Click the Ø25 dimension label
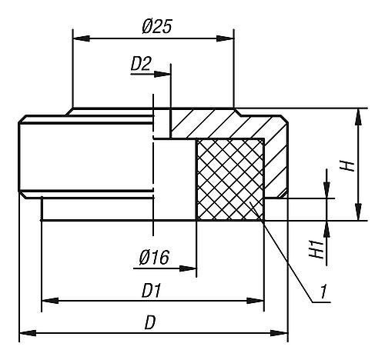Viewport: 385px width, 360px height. pos(156,26)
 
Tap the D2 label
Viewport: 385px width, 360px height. pos(141,64)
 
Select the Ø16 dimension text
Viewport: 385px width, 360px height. pos(154,257)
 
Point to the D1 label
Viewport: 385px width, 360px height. pos(152,291)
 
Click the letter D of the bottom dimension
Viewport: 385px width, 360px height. pos(150,322)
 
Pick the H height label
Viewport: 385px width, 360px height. pos(346,165)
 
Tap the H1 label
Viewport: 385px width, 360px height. pos(315,249)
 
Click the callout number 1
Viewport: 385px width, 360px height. pos(323,292)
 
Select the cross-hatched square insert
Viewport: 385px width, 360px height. pos(230,179)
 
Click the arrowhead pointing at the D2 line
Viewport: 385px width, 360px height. pos(162,75)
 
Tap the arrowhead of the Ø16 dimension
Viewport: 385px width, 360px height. pos(188,268)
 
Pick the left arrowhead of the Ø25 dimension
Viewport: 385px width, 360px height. pos(82,38)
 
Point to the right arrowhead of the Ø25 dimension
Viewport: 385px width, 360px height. pos(225,38)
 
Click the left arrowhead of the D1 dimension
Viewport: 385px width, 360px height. pos(50,301)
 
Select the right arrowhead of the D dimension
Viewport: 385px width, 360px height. pos(280,333)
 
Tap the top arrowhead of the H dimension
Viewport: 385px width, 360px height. pos(359,117)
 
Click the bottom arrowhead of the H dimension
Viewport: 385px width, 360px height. pos(359,212)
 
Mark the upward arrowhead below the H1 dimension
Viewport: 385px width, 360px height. pos(326,229)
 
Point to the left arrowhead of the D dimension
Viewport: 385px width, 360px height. pos(28,333)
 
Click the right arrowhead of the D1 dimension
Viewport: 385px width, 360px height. pos(255,301)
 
